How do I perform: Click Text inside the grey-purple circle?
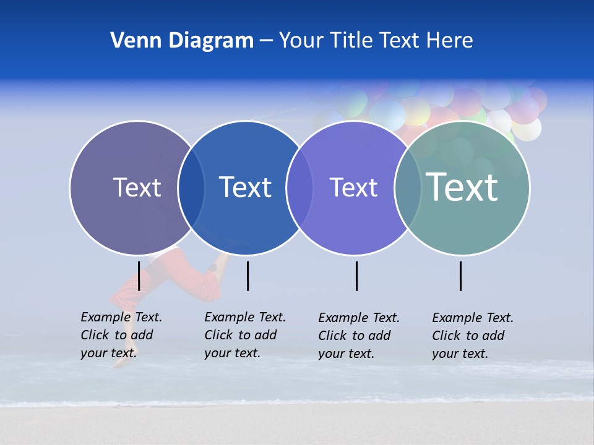tap(137, 187)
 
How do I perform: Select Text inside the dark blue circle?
tap(245, 187)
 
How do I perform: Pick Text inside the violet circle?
tap(353, 187)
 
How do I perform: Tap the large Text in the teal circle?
tap(462, 187)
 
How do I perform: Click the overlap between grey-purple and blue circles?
tap(191, 188)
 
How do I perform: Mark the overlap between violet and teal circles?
tap(407, 188)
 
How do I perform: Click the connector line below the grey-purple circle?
tap(139, 276)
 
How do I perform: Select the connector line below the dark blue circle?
tap(247, 276)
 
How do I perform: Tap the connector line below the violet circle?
tap(356, 276)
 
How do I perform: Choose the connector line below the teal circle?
tap(460, 276)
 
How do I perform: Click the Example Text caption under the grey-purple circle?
tap(121, 335)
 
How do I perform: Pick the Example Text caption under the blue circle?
tap(244, 335)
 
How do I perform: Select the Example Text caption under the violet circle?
tap(358, 336)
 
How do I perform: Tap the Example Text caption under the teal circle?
tap(472, 336)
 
